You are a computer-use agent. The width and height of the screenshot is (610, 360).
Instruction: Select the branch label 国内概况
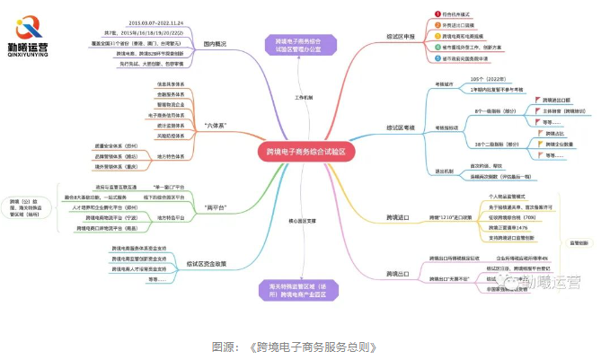(213, 44)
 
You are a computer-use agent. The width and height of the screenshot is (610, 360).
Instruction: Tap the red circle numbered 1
(434, 15)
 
